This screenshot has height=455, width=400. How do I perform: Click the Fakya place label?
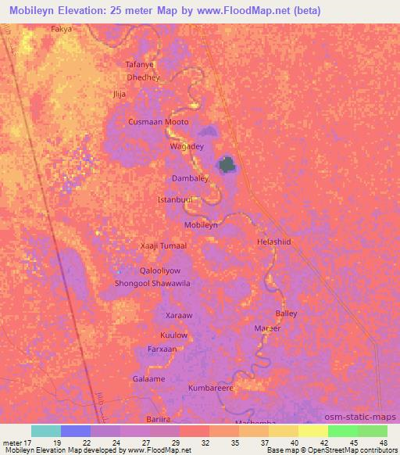coord(61,29)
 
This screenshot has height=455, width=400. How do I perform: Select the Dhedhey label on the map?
coord(143,78)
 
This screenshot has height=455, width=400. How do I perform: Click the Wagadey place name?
coord(187,146)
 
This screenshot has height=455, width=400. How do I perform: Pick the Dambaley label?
coord(189,178)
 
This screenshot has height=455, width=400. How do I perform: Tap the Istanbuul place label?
coord(175,200)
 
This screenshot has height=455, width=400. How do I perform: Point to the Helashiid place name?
coord(273,242)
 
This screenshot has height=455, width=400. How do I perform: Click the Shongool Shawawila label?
coord(153,284)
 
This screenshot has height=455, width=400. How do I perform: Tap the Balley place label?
coord(286,313)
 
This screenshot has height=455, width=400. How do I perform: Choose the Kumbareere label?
coord(211,388)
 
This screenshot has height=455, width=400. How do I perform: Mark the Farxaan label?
coord(162,349)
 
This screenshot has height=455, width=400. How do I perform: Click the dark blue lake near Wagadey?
coord(227,165)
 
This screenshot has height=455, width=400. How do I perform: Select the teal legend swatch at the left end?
coord(46,431)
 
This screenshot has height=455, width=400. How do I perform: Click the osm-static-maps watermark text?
coord(366,417)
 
